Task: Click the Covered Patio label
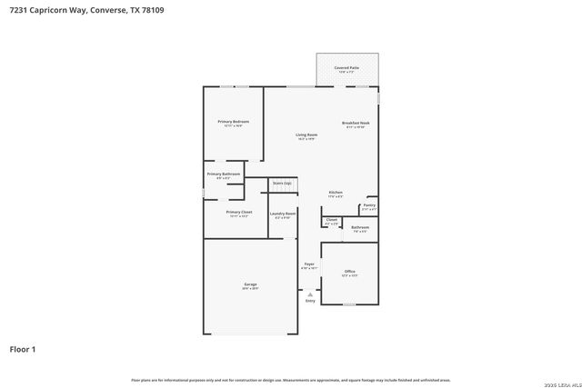click(x=346, y=67)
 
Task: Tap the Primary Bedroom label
click(x=233, y=121)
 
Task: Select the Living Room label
click(x=306, y=134)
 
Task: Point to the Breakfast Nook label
click(x=356, y=123)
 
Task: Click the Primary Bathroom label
click(x=223, y=174)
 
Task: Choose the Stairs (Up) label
click(x=282, y=183)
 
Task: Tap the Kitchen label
click(x=336, y=193)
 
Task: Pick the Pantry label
click(x=368, y=205)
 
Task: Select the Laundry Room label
click(x=282, y=214)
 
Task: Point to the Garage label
click(x=250, y=284)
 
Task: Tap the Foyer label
click(x=309, y=264)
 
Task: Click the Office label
click(x=349, y=271)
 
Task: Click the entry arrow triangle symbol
click(x=310, y=293)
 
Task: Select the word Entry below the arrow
click(x=310, y=301)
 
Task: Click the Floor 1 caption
click(x=23, y=348)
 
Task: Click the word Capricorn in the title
click(x=51, y=9)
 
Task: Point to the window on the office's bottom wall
click(x=349, y=303)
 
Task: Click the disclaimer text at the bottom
click(x=290, y=380)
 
